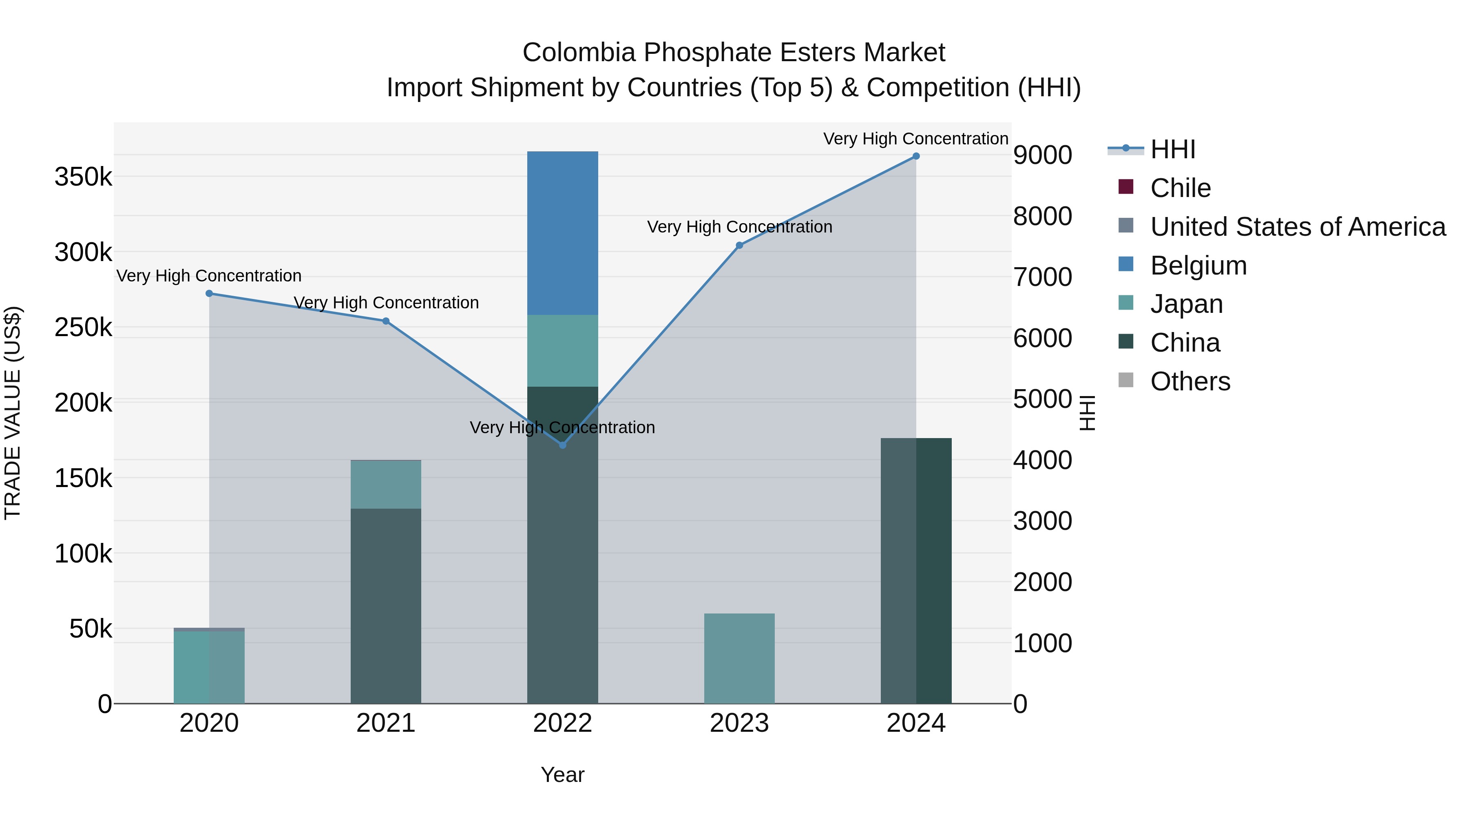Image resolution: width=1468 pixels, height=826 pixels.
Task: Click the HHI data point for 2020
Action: [209, 294]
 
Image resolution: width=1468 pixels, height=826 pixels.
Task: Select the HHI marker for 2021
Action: [386, 321]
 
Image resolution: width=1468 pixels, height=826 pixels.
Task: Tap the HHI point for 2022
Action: [562, 445]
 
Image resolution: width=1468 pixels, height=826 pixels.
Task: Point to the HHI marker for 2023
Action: [739, 246]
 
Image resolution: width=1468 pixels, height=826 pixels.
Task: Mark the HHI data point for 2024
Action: [916, 156]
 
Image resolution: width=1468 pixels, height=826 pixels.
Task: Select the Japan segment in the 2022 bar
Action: [562, 350]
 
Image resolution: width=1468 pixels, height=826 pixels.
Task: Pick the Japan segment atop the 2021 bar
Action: [386, 485]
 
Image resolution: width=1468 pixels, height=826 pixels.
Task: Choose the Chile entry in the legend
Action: [1180, 188]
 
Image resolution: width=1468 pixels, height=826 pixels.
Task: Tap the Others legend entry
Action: [1190, 381]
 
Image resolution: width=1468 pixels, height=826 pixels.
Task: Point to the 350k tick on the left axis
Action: [83, 177]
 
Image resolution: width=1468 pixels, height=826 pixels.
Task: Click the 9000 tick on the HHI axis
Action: [1042, 155]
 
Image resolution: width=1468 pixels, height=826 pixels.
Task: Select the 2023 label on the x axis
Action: [739, 723]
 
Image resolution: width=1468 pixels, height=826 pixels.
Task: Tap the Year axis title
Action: [562, 775]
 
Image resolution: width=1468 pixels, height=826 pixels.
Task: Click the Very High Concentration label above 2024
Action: [916, 139]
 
